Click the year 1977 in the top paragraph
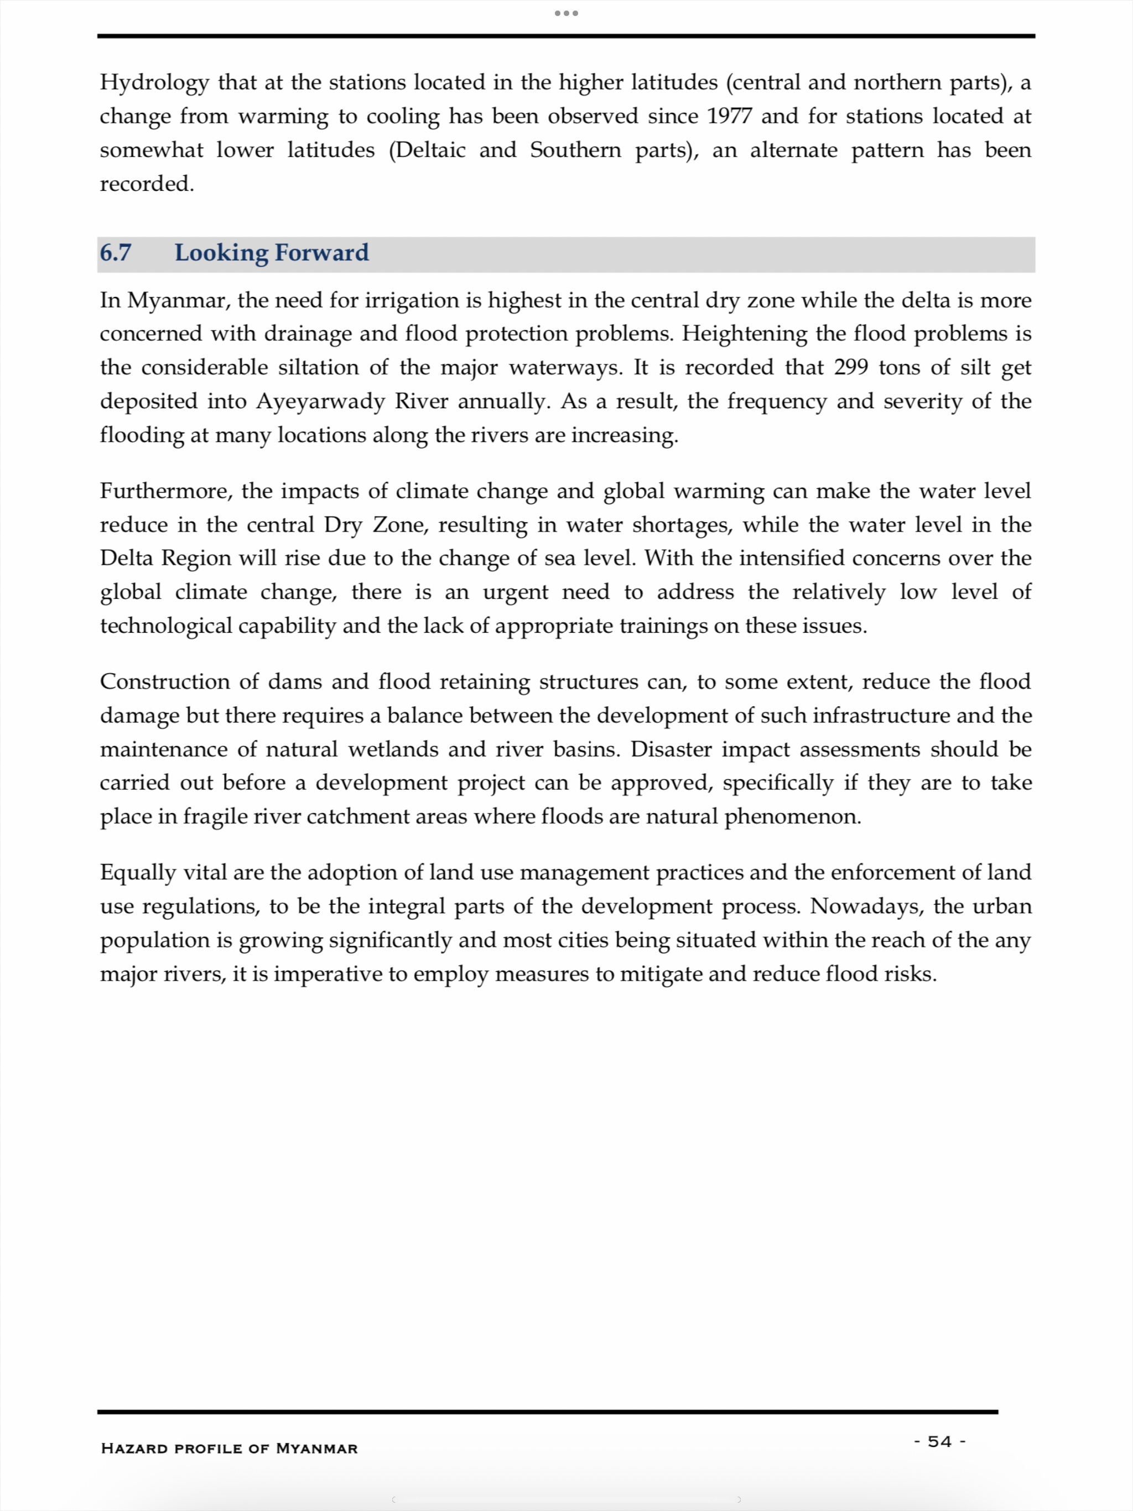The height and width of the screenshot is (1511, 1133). (729, 116)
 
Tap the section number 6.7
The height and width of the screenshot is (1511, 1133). (116, 253)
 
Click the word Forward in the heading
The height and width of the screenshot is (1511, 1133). (321, 253)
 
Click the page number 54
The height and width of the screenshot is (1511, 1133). (939, 1441)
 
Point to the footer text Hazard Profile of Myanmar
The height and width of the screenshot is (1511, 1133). (229, 1448)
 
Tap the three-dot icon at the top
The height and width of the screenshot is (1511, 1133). (566, 13)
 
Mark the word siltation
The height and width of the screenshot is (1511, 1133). (318, 367)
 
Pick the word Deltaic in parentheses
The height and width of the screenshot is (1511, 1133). (427, 150)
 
